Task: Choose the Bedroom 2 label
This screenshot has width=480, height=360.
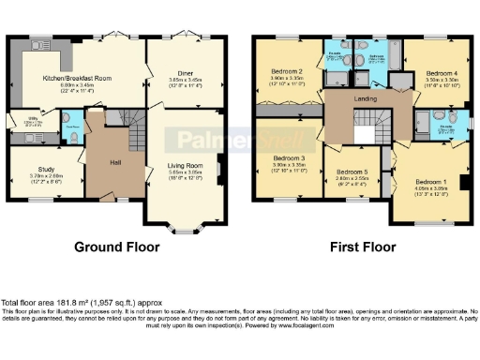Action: point(286,71)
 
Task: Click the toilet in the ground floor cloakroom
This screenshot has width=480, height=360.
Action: point(74,133)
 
